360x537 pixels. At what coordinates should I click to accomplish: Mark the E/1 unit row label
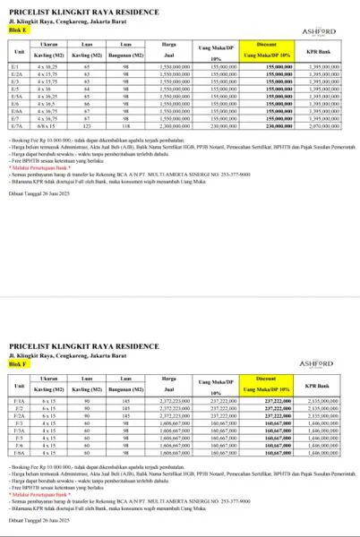point(15,67)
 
